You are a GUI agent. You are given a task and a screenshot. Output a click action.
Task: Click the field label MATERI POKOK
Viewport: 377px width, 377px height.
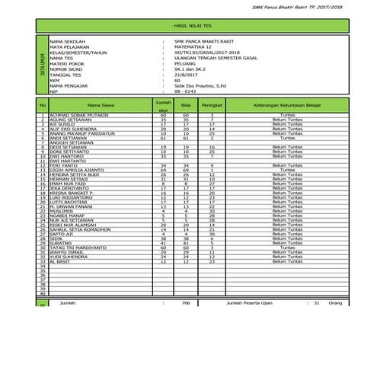[x=65, y=62]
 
